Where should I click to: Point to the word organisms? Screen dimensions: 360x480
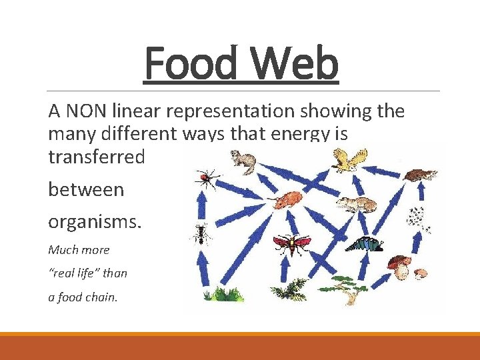pyautogui.click(x=95, y=219)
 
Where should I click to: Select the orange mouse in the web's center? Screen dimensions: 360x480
pyautogui.click(x=288, y=199)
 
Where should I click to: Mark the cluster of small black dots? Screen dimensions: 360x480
pyautogui.click(x=417, y=217)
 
